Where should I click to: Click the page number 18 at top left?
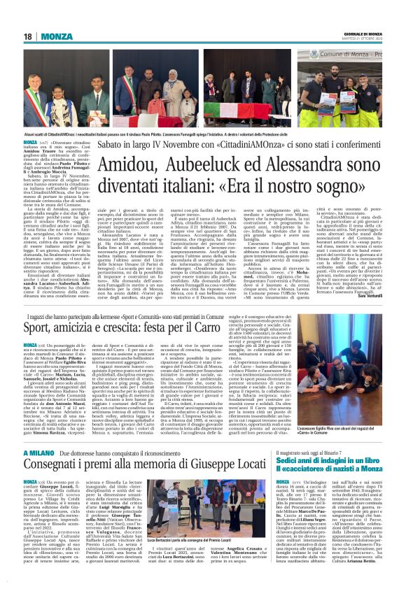(x=27, y=36)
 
